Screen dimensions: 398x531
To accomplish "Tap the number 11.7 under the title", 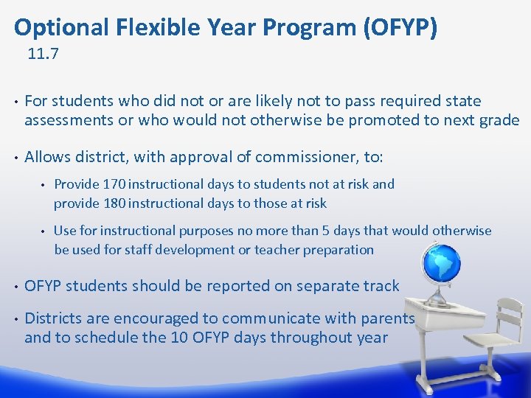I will coord(43,54).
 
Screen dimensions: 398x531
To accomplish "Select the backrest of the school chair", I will coord(509,313).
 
